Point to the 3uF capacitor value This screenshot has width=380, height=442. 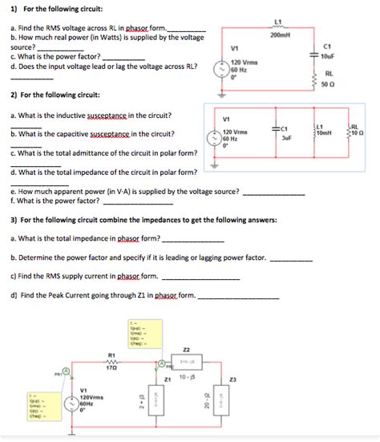[285, 137]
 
